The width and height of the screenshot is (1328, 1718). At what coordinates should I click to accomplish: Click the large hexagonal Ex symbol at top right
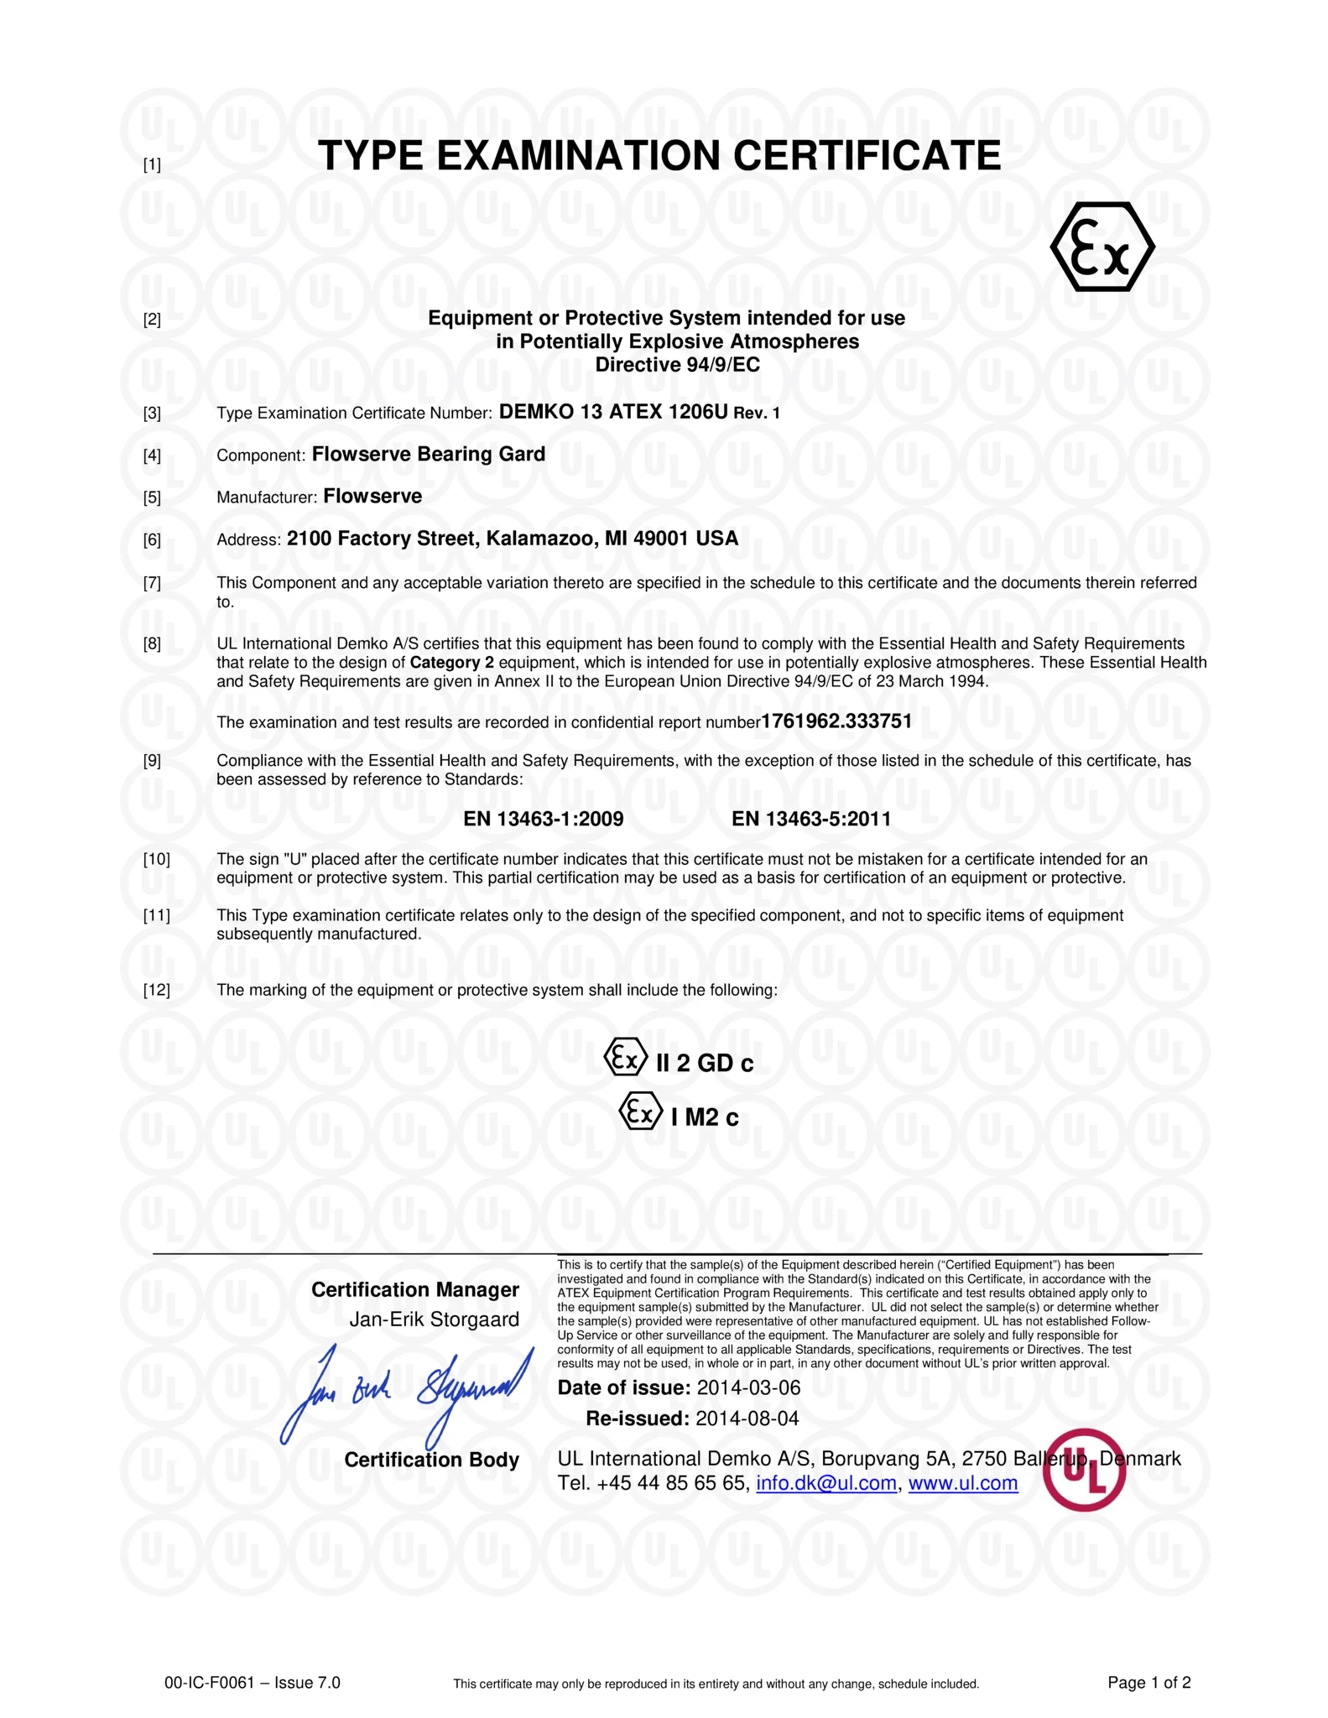point(1102,247)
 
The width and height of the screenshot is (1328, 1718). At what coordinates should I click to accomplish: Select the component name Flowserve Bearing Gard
point(428,454)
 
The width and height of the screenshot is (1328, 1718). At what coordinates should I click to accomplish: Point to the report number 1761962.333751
point(836,721)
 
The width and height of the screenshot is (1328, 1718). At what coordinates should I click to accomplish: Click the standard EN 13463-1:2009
point(543,819)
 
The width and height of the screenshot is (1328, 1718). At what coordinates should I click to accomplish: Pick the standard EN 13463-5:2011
point(810,819)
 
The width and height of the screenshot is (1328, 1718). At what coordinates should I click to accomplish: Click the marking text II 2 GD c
point(704,1064)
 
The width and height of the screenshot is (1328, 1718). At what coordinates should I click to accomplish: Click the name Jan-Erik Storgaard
point(434,1320)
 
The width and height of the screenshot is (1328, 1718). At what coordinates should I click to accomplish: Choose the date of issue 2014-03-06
point(747,1387)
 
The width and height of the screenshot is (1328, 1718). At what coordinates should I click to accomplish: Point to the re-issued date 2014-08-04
point(747,1419)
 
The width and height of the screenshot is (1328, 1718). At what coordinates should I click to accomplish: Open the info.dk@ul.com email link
point(825,1483)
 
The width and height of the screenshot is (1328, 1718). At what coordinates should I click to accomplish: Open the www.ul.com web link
point(962,1483)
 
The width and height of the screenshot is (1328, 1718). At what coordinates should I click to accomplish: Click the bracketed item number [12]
point(157,991)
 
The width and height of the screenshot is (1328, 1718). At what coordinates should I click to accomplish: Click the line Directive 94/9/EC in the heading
point(677,365)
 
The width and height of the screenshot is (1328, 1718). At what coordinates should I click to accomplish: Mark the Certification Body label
point(431,1460)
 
